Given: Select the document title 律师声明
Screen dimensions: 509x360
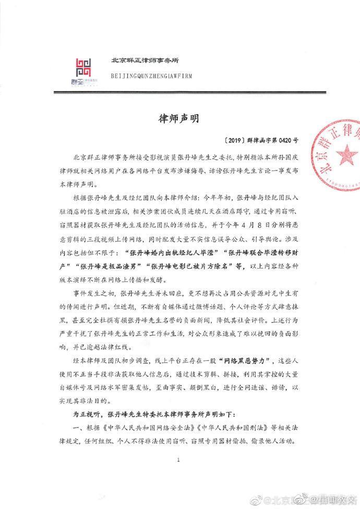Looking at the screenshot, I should (x=179, y=118).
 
